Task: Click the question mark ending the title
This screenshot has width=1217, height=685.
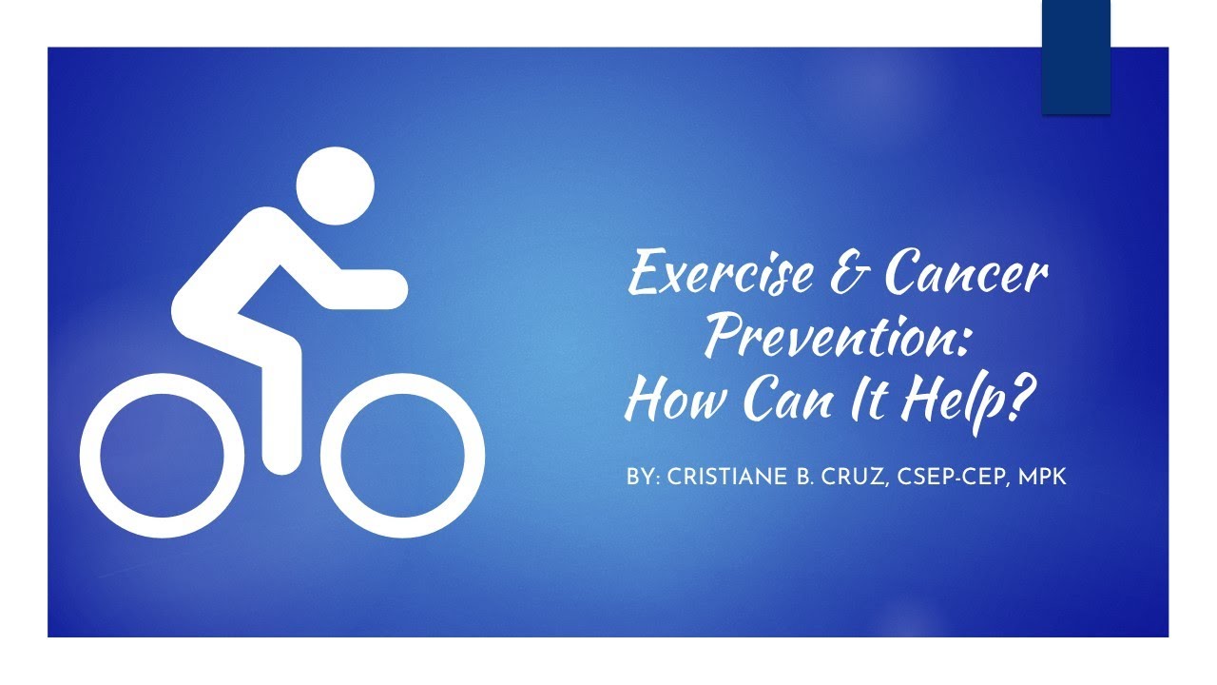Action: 1015,399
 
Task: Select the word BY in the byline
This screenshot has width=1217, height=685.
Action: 640,477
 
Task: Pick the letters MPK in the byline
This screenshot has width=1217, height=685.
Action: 1044,477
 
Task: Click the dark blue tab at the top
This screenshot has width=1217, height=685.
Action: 1076,57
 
